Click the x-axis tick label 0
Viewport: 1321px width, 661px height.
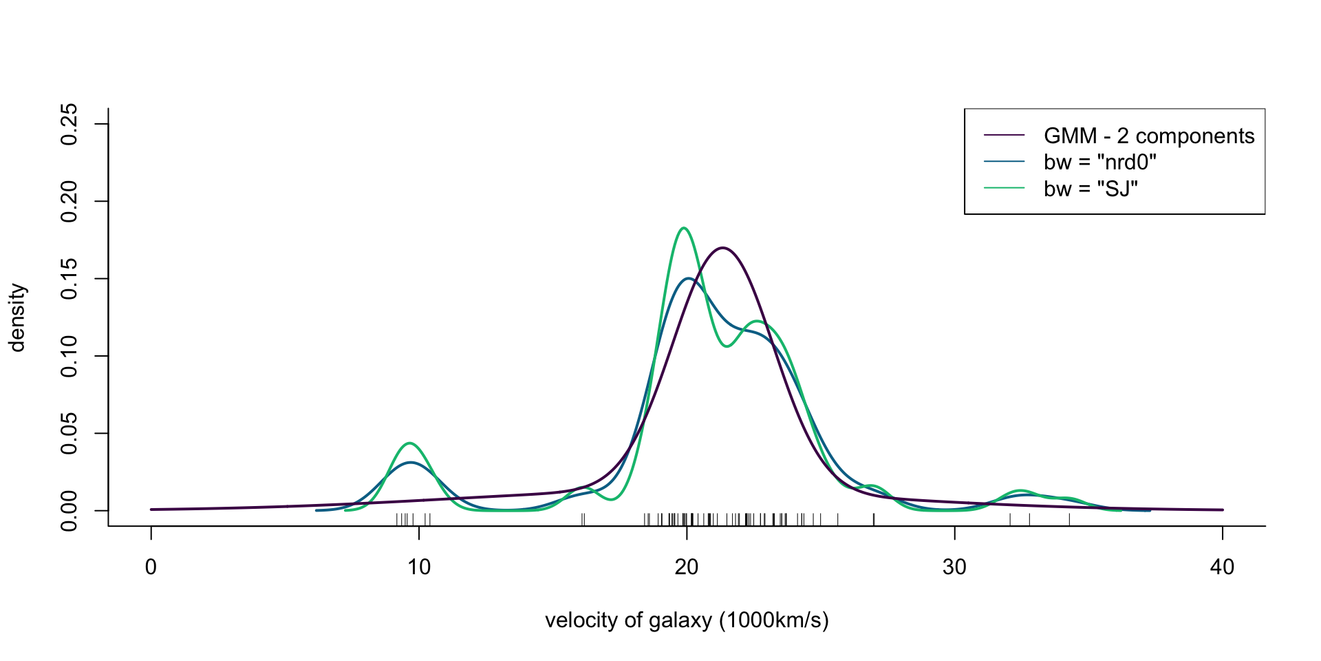click(151, 567)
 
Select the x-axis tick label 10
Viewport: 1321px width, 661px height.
click(418, 567)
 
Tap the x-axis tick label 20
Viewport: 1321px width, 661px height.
click(687, 567)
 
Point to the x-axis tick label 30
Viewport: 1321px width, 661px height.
click(954, 567)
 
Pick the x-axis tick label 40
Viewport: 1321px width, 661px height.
click(1222, 567)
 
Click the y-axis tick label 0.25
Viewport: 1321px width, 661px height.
click(69, 125)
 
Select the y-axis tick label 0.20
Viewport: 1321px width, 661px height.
click(69, 202)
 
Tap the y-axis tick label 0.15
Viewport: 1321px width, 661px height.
click(69, 279)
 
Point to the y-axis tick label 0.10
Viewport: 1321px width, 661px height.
click(69, 357)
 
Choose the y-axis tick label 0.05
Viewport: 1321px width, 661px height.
click(69, 434)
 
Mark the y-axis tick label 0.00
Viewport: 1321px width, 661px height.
click(69, 511)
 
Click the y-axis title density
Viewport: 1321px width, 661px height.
click(17, 317)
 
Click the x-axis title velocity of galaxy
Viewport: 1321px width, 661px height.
click(687, 621)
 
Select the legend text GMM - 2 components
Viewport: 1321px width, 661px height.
click(1149, 136)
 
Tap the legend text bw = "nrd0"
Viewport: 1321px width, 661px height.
click(1100, 162)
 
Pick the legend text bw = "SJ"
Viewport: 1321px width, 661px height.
click(1091, 189)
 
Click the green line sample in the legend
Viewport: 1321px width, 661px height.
click(1004, 189)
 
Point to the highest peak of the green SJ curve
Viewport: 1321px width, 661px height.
click(683, 228)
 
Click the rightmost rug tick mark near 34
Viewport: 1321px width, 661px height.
click(1069, 519)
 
